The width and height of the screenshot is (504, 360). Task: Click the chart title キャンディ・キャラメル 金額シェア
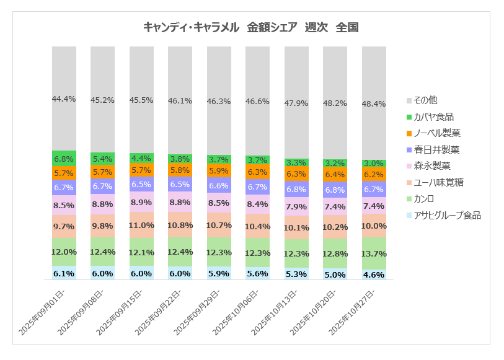(251, 27)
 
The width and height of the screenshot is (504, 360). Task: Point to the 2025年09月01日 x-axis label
(43, 313)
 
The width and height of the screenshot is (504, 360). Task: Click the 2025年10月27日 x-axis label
(353, 313)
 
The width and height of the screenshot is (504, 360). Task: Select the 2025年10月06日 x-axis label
(237, 313)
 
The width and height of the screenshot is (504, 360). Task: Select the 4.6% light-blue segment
(374, 274)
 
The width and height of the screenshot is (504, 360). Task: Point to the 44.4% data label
(64, 99)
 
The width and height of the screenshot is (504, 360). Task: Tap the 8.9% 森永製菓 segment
(141, 202)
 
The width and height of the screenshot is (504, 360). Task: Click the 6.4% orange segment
(335, 175)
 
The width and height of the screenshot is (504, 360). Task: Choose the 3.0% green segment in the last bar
(374, 162)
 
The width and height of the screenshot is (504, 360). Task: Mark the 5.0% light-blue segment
(335, 274)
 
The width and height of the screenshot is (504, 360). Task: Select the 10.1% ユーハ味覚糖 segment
(296, 227)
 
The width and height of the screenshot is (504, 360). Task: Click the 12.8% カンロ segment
(335, 253)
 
